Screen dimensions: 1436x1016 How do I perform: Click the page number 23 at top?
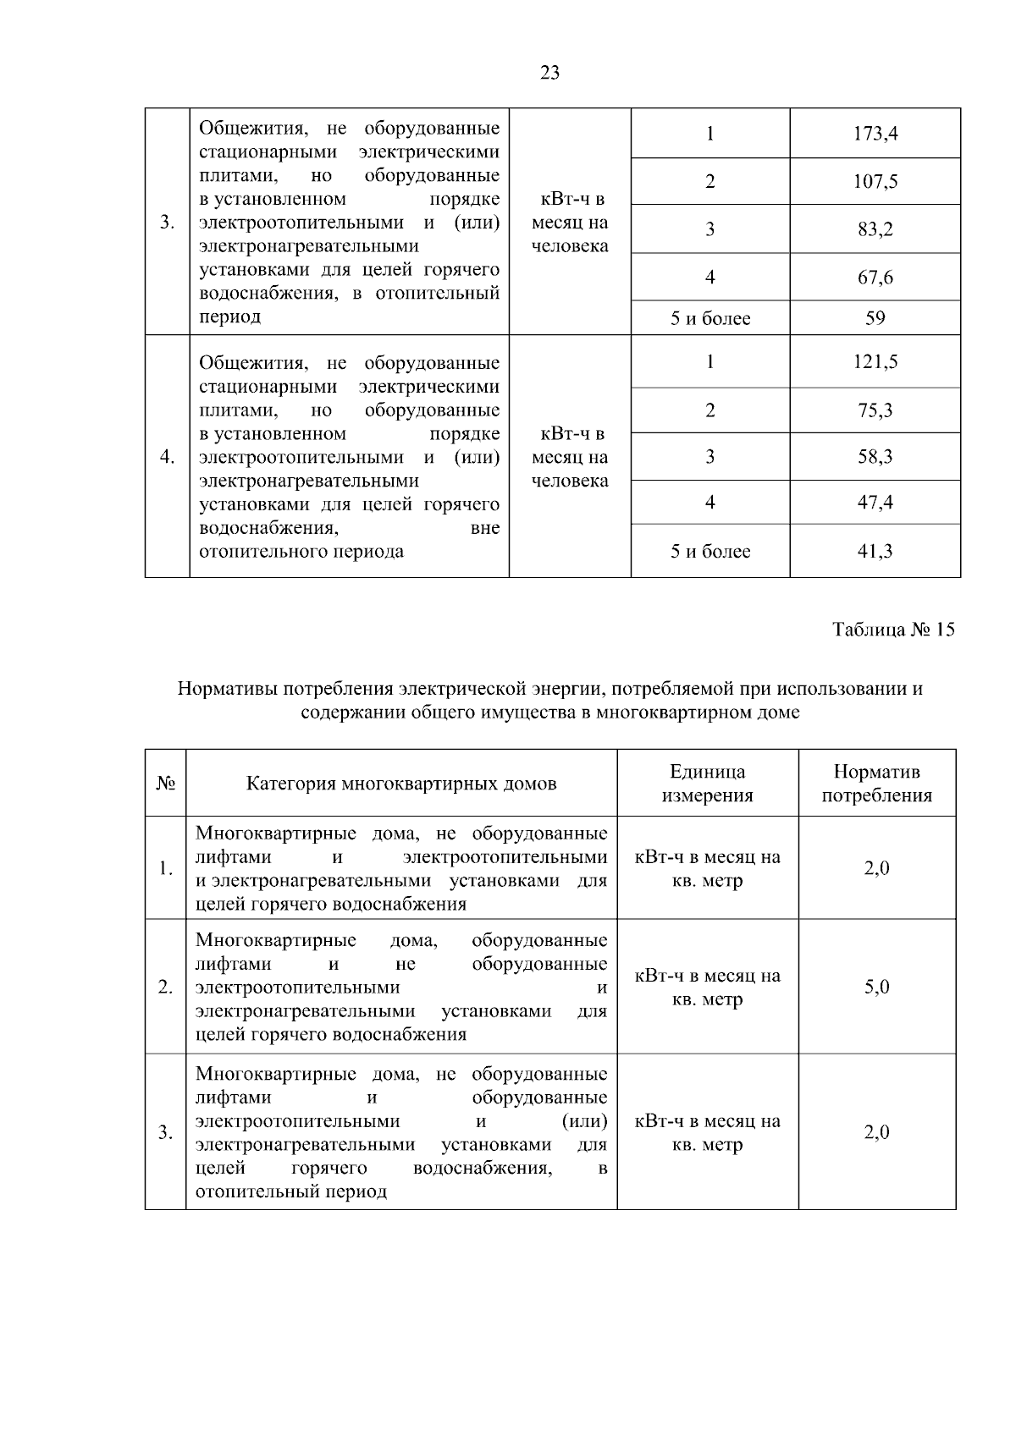[549, 73]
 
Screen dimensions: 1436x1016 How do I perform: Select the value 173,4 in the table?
[875, 134]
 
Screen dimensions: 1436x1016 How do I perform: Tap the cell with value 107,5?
[875, 182]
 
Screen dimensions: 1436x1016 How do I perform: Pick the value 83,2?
[875, 229]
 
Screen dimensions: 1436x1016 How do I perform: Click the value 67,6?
[875, 278]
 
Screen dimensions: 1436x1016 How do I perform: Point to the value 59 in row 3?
[875, 318]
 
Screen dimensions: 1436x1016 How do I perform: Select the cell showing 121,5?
[875, 362]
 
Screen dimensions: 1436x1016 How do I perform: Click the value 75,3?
[875, 410]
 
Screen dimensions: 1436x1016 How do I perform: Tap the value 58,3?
[875, 457]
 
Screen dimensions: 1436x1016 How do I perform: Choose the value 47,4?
[875, 503]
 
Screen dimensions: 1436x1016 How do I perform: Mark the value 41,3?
[875, 552]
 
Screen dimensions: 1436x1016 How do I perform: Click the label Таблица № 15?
[893, 630]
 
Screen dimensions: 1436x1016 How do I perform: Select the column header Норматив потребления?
[877, 784]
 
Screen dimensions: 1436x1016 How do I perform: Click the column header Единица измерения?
[707, 784]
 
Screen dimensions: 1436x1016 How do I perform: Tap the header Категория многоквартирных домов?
[401, 784]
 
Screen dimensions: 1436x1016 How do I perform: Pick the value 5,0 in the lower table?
[876, 987]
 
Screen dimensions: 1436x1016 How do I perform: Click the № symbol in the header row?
[165, 784]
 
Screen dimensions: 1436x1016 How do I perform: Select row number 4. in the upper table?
[167, 457]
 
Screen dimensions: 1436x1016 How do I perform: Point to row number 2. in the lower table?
[165, 987]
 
